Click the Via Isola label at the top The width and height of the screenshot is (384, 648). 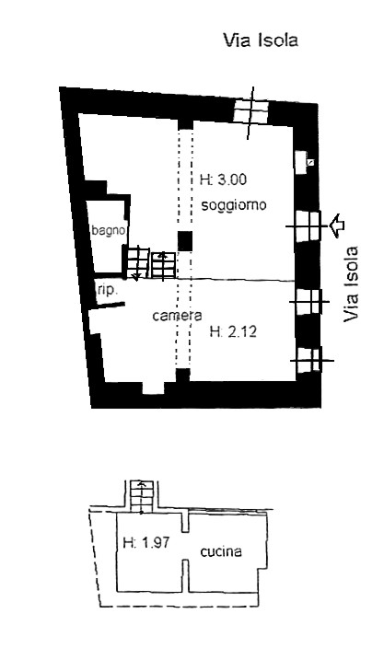[x=261, y=40]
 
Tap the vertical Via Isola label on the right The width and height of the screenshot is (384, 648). [x=351, y=284]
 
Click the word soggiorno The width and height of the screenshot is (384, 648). [x=234, y=205]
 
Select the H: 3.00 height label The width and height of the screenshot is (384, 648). [x=223, y=179]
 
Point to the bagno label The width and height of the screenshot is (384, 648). [x=109, y=230]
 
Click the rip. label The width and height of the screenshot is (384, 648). [x=108, y=290]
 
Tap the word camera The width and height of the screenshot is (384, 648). [x=177, y=316]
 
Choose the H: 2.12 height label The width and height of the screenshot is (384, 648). [x=233, y=331]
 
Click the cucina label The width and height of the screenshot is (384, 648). [x=221, y=551]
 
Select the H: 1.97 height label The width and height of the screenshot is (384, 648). [x=146, y=542]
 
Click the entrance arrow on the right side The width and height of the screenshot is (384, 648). [x=339, y=226]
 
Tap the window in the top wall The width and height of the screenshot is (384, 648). [x=250, y=111]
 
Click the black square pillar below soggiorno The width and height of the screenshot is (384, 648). [x=185, y=241]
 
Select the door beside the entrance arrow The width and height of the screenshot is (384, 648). [x=308, y=226]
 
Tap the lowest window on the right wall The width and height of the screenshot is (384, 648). [x=310, y=360]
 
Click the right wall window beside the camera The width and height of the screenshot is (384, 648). [x=308, y=302]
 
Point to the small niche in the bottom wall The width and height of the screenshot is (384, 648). [x=154, y=388]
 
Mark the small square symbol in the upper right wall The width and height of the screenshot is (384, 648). [x=310, y=162]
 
